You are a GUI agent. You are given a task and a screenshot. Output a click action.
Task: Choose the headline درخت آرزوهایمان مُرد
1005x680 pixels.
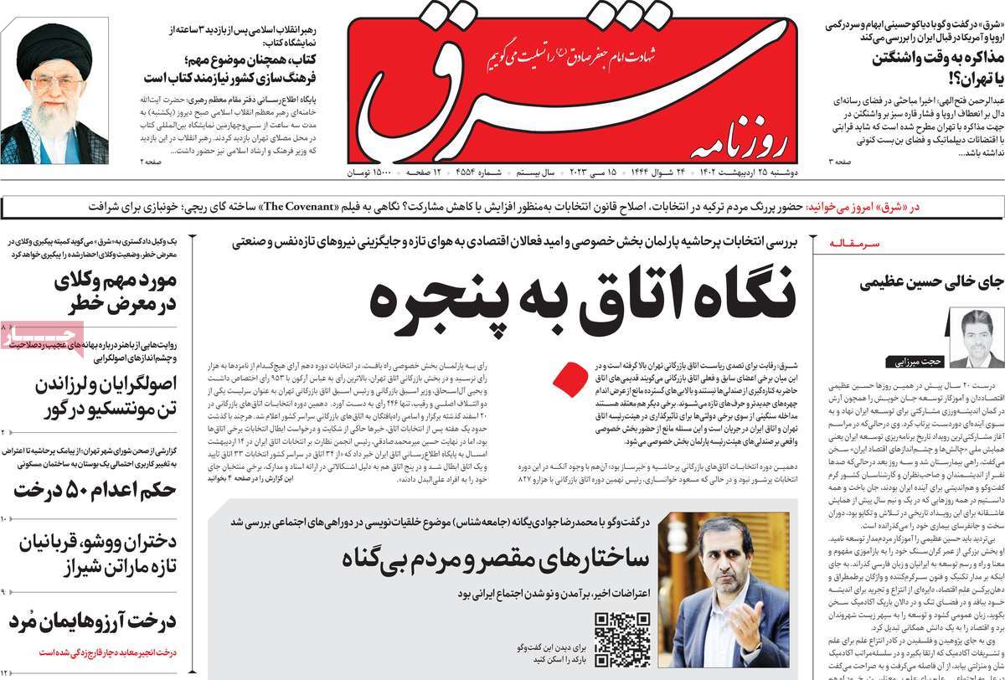click(x=92, y=622)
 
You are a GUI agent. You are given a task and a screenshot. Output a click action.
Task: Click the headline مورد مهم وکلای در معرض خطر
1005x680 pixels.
click(x=100, y=292)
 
